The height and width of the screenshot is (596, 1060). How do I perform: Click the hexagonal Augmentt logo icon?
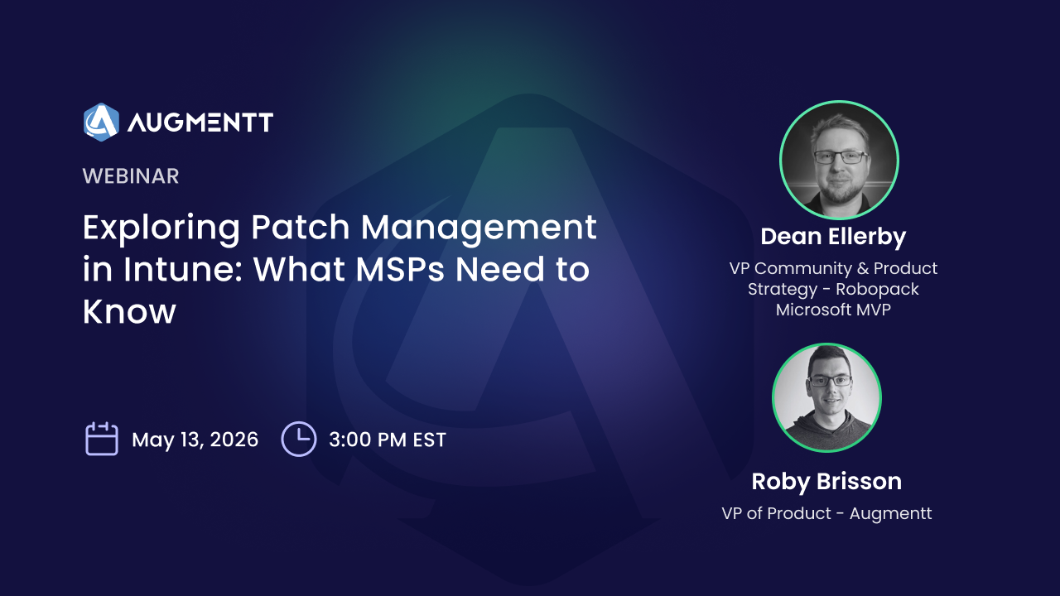coord(101,122)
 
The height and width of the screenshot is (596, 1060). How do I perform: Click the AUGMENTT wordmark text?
coord(200,123)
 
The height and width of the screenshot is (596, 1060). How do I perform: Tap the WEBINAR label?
coord(131,176)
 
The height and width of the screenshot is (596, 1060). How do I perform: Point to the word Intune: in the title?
coord(183,270)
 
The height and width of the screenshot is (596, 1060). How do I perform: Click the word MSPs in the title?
coord(400,270)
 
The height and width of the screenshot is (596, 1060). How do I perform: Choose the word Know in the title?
coord(129,311)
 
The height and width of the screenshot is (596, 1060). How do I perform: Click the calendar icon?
coord(102,439)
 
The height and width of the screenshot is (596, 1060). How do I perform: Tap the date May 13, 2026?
coord(195,440)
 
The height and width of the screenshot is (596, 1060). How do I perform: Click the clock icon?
coord(299,439)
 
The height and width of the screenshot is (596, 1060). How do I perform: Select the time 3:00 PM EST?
coord(388,440)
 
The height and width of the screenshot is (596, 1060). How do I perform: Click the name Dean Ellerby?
coord(833,237)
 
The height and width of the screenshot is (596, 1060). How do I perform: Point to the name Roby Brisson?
coord(826,482)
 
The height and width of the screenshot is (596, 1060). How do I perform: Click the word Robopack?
coord(877,289)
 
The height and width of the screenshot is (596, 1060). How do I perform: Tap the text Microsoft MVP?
coord(833,310)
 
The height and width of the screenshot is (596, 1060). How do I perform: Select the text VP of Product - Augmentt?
coord(826,513)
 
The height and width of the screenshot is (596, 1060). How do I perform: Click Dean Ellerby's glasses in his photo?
coord(841,156)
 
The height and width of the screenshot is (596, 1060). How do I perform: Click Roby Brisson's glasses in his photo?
coord(830,380)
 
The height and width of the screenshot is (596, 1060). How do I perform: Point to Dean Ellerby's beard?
coord(841,190)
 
